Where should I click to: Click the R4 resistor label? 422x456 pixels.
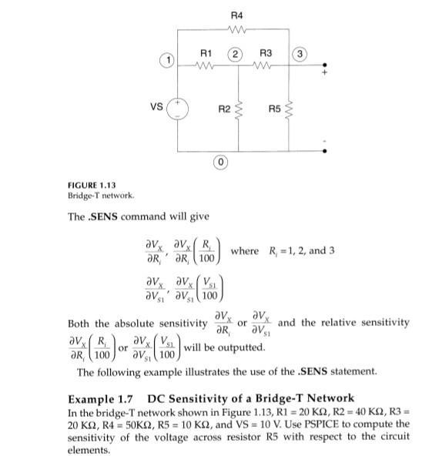(x=236, y=15)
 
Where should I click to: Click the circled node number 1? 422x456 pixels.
(x=163, y=59)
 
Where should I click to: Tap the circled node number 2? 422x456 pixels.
(x=236, y=52)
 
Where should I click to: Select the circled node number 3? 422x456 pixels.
(x=301, y=52)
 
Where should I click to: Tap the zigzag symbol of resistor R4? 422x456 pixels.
(x=236, y=31)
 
